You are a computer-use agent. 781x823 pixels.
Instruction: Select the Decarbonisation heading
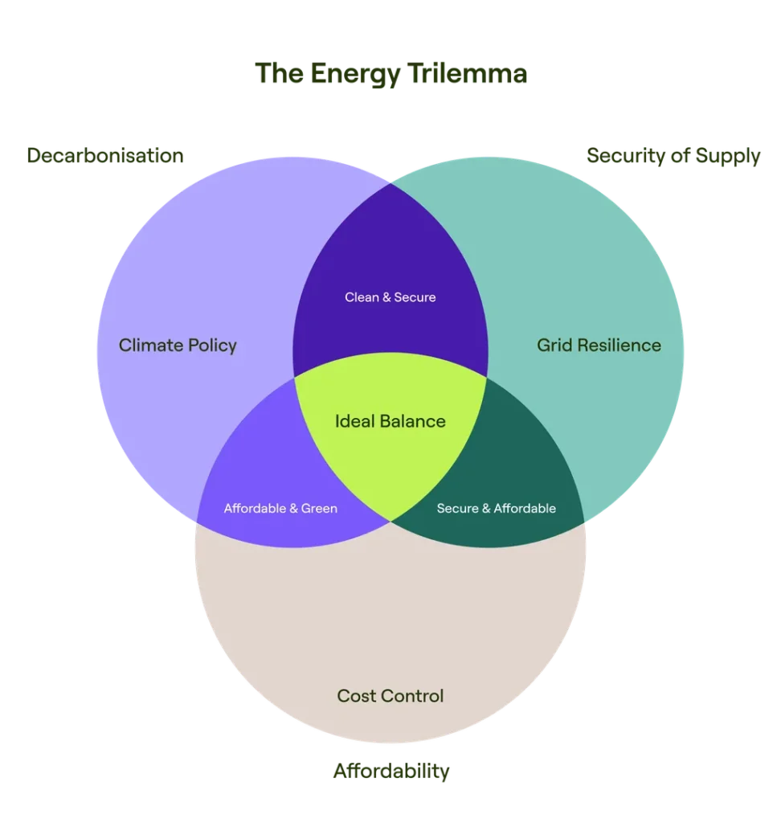click(x=106, y=155)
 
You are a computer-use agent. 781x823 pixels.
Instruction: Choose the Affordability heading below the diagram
click(x=391, y=772)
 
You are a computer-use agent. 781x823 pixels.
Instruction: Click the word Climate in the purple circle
click(x=149, y=346)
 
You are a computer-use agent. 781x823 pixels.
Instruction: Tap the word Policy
click(x=211, y=346)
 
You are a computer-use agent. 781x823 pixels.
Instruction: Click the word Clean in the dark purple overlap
click(x=362, y=297)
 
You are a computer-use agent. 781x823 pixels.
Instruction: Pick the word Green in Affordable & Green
click(x=319, y=509)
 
